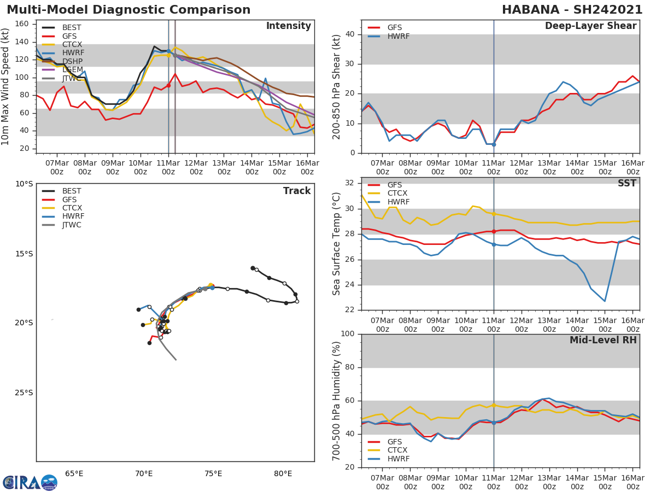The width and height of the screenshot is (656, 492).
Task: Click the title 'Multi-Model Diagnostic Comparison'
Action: pyautogui.click(x=128, y=10)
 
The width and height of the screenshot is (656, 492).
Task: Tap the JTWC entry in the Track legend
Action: pyautogui.click(x=72, y=225)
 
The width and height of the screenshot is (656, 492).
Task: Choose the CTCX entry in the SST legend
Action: pyautogui.click(x=397, y=194)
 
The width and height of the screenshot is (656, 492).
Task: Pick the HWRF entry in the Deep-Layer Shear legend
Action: pyautogui.click(x=398, y=36)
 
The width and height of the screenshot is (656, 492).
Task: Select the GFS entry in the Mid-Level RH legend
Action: pyautogui.click(x=397, y=442)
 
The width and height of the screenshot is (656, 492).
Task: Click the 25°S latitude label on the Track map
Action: pyautogui.click(x=24, y=393)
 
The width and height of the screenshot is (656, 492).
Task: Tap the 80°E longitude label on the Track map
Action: pyautogui.click(x=283, y=473)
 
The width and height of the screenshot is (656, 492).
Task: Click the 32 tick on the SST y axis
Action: pyautogui.click(x=352, y=183)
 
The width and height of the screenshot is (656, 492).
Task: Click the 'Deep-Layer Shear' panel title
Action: pyautogui.click(x=590, y=26)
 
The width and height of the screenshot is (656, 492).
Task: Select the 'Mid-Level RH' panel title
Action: pyautogui.click(x=603, y=340)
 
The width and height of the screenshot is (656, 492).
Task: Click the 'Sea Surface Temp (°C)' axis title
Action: pyautogui.click(x=337, y=244)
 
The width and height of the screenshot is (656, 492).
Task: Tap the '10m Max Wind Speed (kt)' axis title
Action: pyautogui.click(x=6, y=86)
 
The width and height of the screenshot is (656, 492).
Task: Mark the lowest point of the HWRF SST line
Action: pyautogui.click(x=605, y=301)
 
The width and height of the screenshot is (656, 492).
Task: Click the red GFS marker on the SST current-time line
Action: pyautogui.click(x=494, y=231)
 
